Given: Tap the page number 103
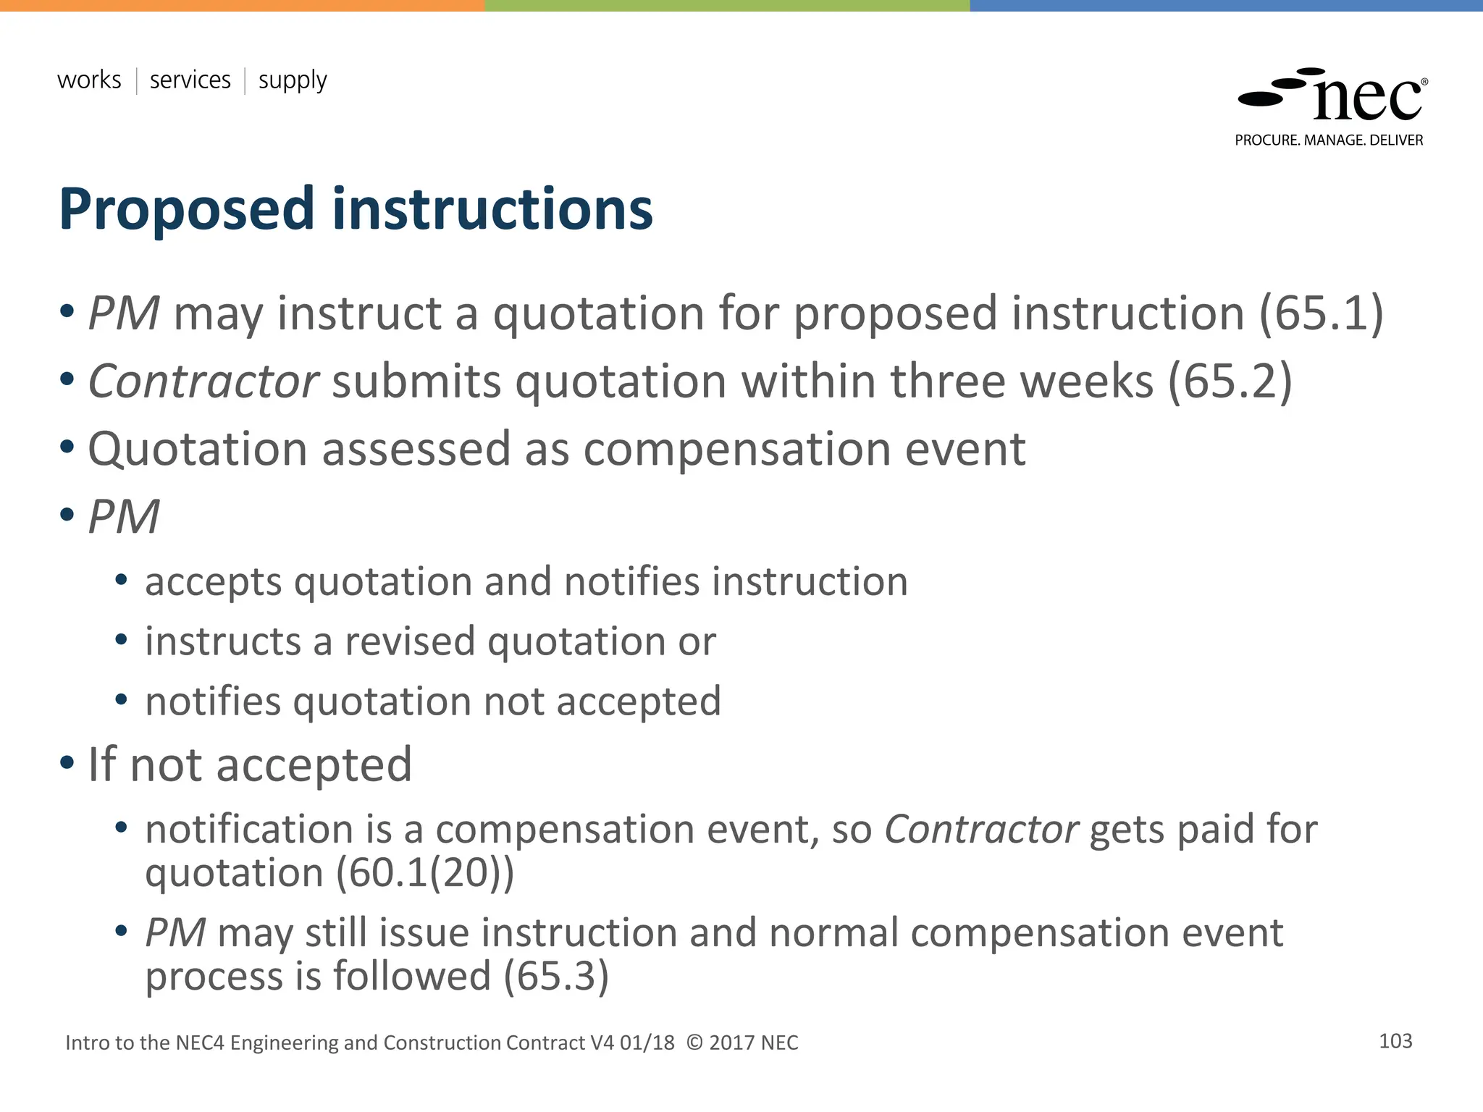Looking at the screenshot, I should tap(1395, 1041).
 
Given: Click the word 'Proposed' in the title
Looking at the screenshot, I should tap(187, 210).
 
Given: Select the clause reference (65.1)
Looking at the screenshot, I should tap(1321, 313).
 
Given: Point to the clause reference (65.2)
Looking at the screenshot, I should tap(1230, 382).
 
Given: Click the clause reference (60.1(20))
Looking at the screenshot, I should tap(424, 872).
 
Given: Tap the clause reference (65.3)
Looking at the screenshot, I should tap(556, 976).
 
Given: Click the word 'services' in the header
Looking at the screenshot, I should tap(190, 80).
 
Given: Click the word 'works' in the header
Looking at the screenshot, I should tap(89, 80).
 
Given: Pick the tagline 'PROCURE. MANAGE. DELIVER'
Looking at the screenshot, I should tap(1329, 140).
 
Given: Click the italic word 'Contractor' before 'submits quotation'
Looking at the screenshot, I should tap(203, 382).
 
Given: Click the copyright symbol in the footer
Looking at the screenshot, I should tap(694, 1042).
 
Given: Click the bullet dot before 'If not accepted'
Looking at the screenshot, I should tap(67, 762).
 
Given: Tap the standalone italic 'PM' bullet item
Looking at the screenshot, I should tap(123, 517).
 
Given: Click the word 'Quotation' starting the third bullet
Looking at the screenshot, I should tap(198, 450).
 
